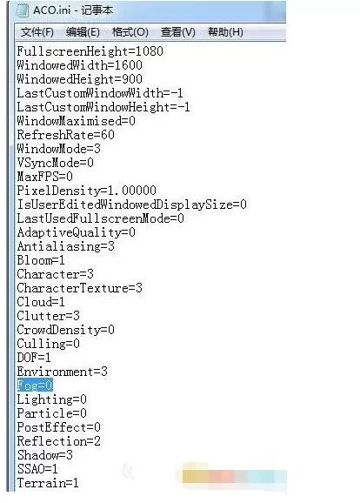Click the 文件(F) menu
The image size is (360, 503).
[x=37, y=32]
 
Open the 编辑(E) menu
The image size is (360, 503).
[x=83, y=32]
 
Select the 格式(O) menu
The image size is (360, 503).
[x=130, y=32]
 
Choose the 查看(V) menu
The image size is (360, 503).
[x=178, y=32]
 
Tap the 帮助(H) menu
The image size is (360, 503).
[x=225, y=32]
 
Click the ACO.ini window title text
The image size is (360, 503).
[x=73, y=10]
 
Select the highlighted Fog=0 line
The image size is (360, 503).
[x=35, y=386]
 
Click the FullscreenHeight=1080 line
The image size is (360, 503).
[x=90, y=51]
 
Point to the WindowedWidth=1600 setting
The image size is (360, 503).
[x=79, y=65]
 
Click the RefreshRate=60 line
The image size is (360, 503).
[x=66, y=135]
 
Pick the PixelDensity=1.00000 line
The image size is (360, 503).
[x=87, y=191]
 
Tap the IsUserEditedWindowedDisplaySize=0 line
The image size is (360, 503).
[x=132, y=205]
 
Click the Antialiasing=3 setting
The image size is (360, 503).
[x=66, y=246]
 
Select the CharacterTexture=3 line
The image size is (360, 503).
[x=79, y=288]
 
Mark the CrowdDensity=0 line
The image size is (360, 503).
[x=66, y=330]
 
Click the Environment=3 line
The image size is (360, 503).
[x=63, y=372]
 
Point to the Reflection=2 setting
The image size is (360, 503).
[x=58, y=441]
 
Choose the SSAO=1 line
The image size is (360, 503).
[x=37, y=469]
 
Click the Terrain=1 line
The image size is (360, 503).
[x=48, y=483]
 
